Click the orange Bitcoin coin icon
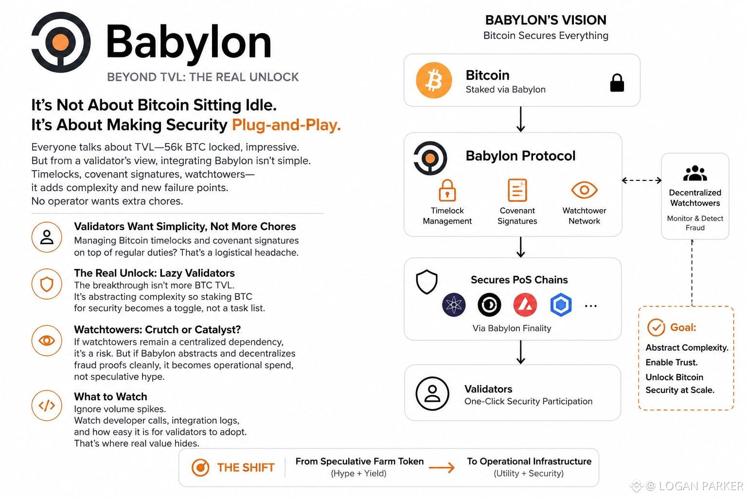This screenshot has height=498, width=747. point(434,80)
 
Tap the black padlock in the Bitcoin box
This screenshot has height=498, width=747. point(617,83)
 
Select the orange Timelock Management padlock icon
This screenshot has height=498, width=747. point(447,191)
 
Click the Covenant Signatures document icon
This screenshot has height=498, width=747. point(517,190)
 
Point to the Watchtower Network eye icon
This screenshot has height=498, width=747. point(584,190)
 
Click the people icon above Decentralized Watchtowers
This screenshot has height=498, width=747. point(695,173)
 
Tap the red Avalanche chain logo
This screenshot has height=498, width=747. point(525,304)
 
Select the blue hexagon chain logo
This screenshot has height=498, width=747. point(561,304)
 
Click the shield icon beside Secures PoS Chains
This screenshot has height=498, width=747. point(427,282)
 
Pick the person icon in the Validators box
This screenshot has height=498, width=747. point(432,393)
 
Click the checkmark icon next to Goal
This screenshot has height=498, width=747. point(656,327)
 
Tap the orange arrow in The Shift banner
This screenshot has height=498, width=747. point(442,468)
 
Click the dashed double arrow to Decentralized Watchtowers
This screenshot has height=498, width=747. point(641,180)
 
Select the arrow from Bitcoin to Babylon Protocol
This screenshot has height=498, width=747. point(520,119)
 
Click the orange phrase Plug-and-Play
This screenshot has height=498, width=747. point(286,125)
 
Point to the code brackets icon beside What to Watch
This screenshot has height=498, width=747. point(47,406)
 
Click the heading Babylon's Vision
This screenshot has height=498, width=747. point(546,20)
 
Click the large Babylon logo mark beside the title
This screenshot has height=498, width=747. point(61,42)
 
